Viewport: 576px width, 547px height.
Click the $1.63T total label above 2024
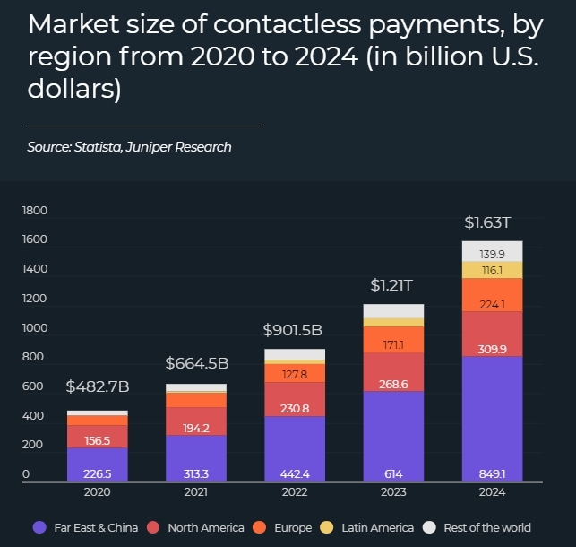click(x=492, y=221)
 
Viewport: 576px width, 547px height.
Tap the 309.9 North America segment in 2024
click(x=492, y=334)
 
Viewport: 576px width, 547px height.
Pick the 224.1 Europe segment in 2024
click(x=492, y=294)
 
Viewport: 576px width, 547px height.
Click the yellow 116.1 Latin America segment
click(x=492, y=269)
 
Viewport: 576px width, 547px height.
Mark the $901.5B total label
click(x=293, y=330)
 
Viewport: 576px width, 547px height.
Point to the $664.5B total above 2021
click(x=196, y=363)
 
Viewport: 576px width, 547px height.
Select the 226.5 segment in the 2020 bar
click(x=98, y=474)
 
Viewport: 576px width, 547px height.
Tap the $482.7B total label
click(x=98, y=387)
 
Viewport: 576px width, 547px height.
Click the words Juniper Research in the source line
click(x=188, y=147)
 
